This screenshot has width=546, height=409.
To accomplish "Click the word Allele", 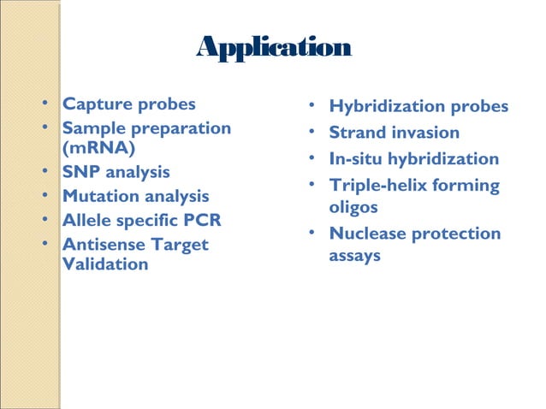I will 86,221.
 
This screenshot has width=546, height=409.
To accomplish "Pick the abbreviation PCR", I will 202,221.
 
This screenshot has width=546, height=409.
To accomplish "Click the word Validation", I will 105,264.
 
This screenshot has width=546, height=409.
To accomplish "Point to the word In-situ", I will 359,159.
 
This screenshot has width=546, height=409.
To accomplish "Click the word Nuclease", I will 367,234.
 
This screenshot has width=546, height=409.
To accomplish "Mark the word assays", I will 355,257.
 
